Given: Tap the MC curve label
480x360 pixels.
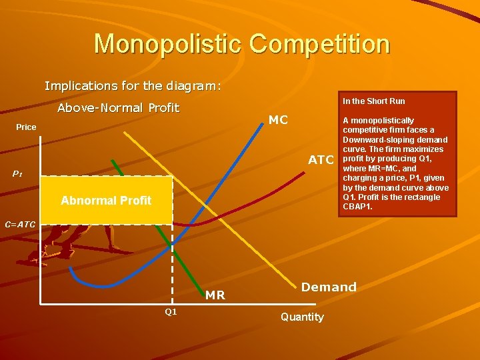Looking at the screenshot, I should tap(278, 120).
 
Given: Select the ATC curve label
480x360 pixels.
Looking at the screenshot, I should tap(320, 160).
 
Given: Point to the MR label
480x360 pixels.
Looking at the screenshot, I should tap(215, 295).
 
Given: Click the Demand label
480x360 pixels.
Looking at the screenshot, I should tap(329, 287).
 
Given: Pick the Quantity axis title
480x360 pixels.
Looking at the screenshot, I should tap(302, 317).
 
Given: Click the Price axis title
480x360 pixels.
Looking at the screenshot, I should tap(26, 127).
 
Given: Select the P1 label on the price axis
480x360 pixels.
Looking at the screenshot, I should tap(17, 175).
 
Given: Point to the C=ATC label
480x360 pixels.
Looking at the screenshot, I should tap(20, 225).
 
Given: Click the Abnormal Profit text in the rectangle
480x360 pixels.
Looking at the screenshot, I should tap(106, 200).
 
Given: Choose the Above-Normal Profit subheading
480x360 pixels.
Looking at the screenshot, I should tap(119, 108).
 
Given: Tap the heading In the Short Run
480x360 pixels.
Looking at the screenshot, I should tap(373, 101).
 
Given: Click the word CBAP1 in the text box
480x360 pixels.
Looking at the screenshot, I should tap(359, 207).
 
